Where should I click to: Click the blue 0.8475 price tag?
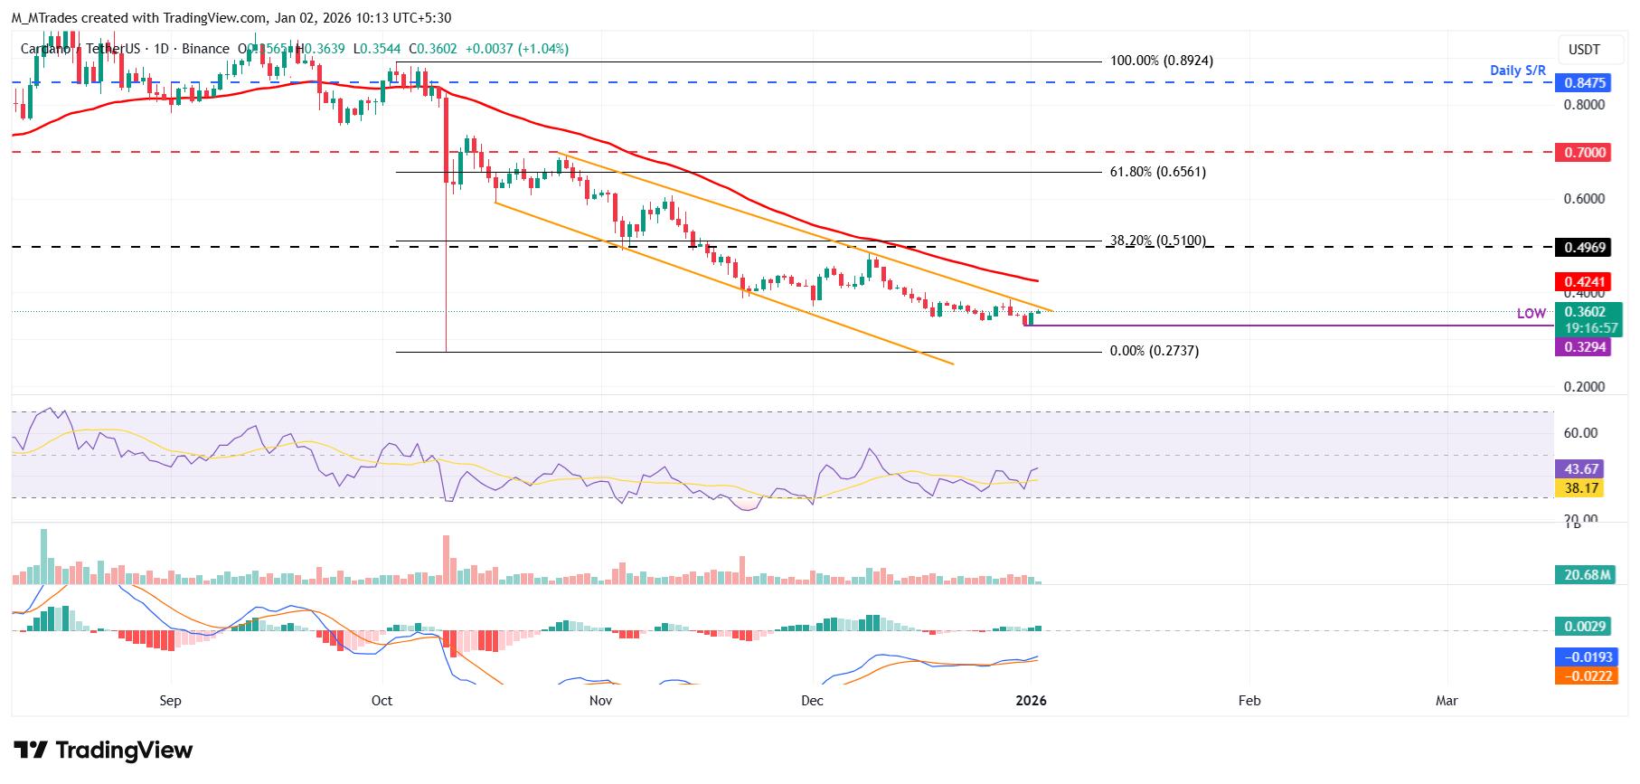(1584, 83)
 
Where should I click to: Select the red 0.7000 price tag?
(1584, 153)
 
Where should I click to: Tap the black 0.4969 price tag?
(1584, 248)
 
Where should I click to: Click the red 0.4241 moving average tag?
(1584, 282)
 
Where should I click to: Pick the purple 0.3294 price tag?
(1584, 347)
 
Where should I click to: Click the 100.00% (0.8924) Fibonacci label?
(1161, 61)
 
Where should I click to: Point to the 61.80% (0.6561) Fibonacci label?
(1157, 172)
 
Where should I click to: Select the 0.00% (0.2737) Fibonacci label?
(1154, 351)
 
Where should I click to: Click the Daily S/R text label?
(1517, 71)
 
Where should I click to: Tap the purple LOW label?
(1531, 314)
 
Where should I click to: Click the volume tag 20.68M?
(1587, 575)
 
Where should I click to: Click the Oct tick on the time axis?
(382, 701)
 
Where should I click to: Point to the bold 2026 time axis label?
(1031, 701)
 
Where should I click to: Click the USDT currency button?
(1583, 50)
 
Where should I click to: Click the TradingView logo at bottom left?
(103, 751)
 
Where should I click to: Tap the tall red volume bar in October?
(446, 561)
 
